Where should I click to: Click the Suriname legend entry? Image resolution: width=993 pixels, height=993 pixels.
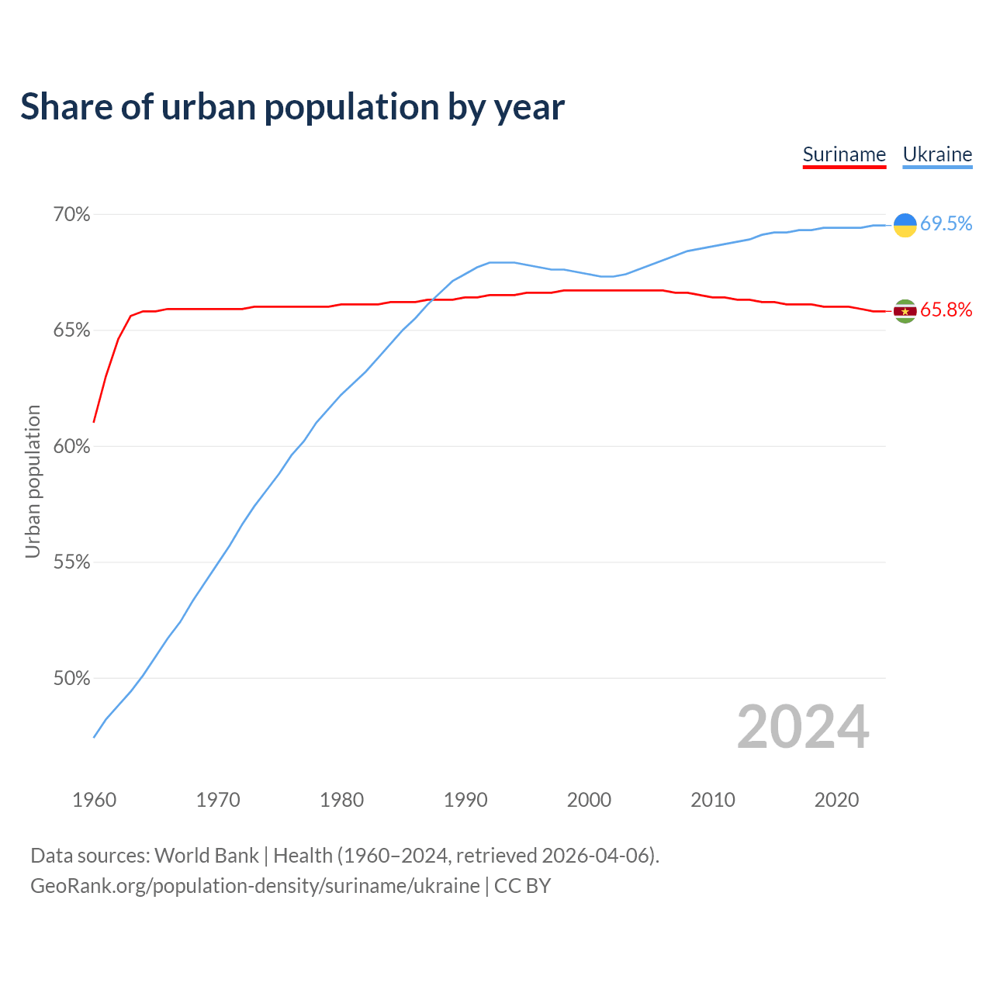tap(844, 154)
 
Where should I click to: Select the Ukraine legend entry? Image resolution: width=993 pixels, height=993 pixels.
tap(937, 154)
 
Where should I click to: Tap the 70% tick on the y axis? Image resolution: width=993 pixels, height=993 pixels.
tap(72, 214)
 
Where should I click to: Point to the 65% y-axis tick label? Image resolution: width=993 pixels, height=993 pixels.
tap(72, 330)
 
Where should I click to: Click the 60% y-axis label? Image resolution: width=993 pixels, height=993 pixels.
tap(72, 446)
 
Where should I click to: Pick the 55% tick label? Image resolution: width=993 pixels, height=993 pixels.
tap(72, 562)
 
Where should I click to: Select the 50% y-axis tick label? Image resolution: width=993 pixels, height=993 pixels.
tap(72, 678)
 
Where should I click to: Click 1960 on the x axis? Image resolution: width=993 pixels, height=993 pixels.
tap(94, 800)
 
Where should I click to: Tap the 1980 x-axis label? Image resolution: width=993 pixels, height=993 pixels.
tap(341, 800)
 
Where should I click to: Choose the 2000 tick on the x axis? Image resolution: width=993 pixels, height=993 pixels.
tap(589, 800)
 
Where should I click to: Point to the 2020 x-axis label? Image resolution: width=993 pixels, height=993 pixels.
tap(836, 800)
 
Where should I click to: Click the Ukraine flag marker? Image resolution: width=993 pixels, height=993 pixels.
tap(905, 225)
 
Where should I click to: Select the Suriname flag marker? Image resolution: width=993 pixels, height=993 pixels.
tap(905, 311)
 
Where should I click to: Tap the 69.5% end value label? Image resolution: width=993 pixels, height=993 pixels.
tap(946, 224)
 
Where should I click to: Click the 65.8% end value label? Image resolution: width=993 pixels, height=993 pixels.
tap(946, 310)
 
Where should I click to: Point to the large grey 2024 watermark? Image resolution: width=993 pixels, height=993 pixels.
tap(803, 727)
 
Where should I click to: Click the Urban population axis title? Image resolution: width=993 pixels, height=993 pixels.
tap(33, 481)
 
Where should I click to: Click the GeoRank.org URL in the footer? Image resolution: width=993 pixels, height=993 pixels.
tap(254, 886)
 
